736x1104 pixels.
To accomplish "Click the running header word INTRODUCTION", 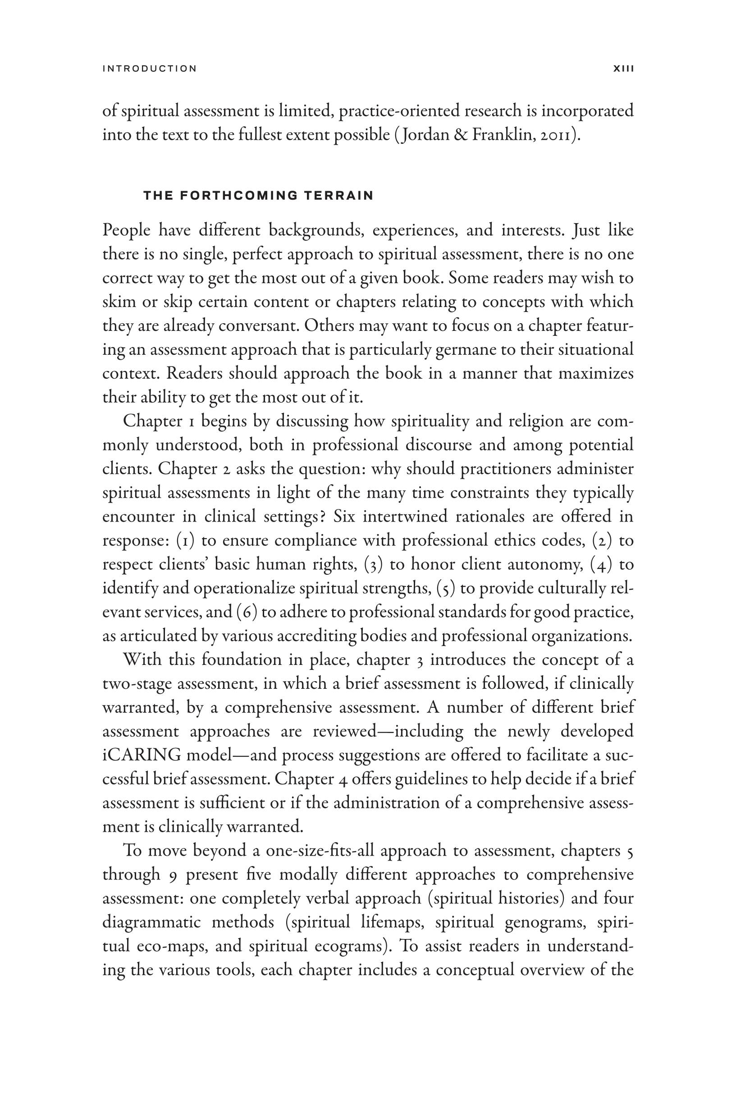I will pyautogui.click(x=150, y=69).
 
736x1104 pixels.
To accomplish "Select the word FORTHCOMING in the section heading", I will pyautogui.click(x=238, y=195).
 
